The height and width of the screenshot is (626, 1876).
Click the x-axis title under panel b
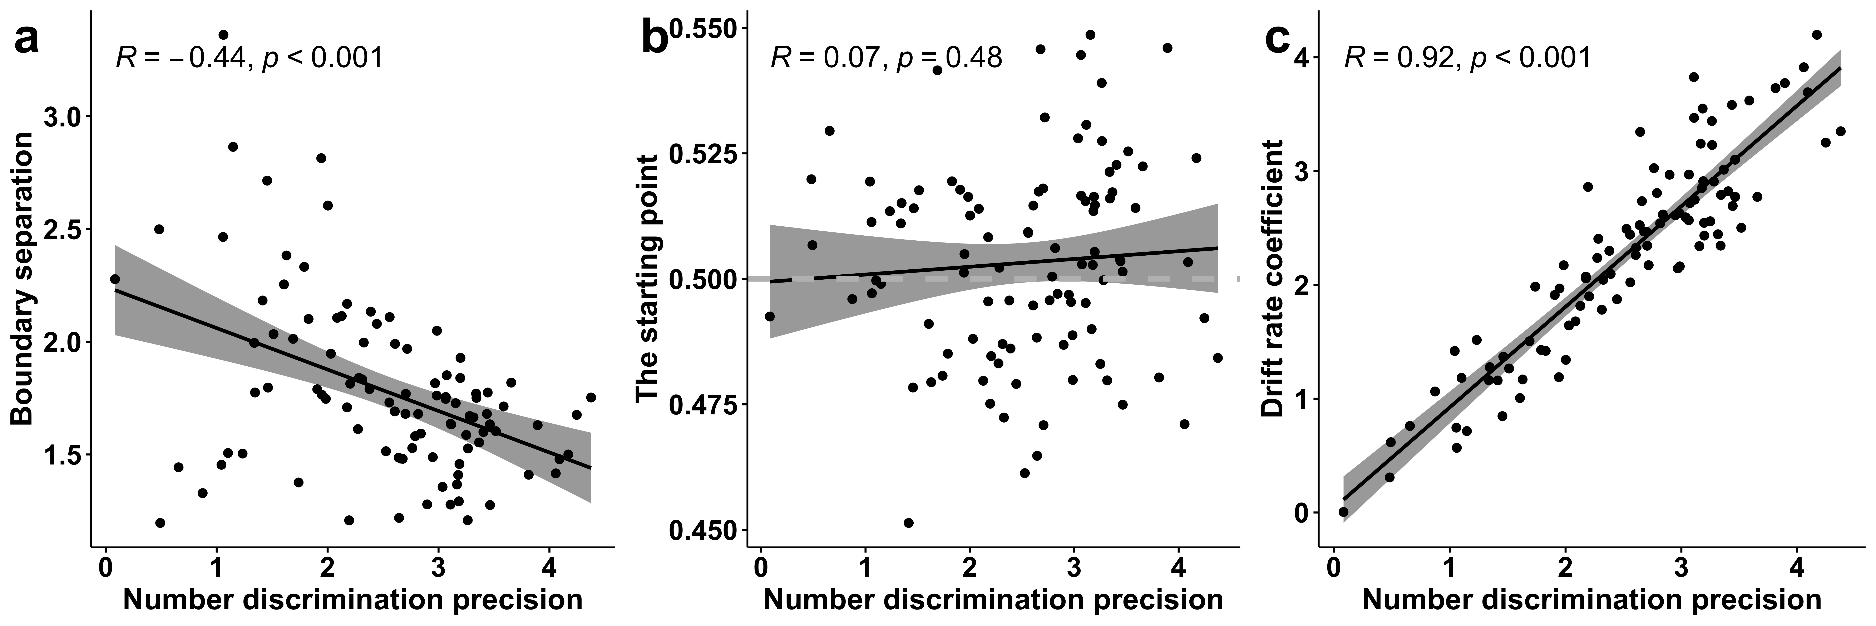tap(993, 600)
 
